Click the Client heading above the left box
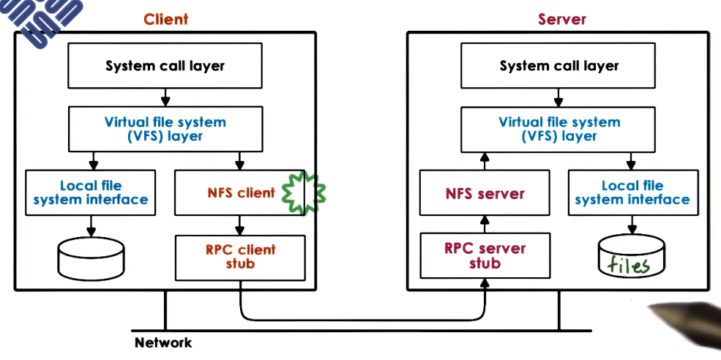(x=165, y=19)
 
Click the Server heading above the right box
(x=563, y=19)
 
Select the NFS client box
(x=240, y=193)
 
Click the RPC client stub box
(x=240, y=257)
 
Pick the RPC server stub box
(x=485, y=255)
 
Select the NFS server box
(x=485, y=194)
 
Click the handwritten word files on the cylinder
(x=630, y=264)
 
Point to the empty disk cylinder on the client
(x=91, y=260)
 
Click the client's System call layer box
(x=165, y=66)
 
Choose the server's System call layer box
(x=559, y=66)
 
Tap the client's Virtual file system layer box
(x=165, y=129)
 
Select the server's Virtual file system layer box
(x=559, y=129)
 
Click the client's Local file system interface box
(x=91, y=193)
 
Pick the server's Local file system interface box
(x=632, y=193)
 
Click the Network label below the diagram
(x=162, y=342)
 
